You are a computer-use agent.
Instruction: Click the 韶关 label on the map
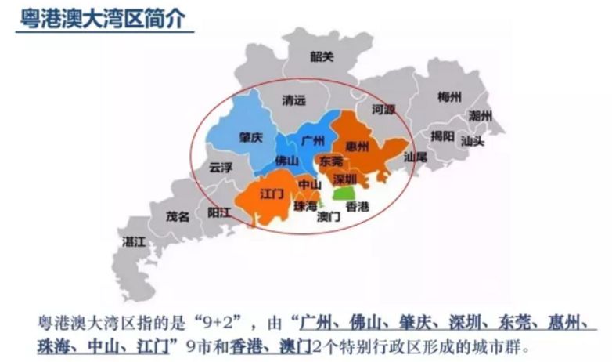click(321, 56)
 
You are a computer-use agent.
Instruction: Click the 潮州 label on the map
click(480, 115)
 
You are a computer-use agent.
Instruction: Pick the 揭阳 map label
click(443, 136)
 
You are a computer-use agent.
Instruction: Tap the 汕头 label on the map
click(472, 142)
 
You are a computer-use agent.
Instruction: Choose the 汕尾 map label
click(415, 157)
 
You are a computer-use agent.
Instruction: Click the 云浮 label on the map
click(221, 167)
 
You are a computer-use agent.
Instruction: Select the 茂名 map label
click(178, 216)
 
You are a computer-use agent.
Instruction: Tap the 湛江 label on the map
click(134, 242)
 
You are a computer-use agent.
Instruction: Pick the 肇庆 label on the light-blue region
click(250, 136)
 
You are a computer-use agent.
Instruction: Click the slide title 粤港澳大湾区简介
click(103, 18)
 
